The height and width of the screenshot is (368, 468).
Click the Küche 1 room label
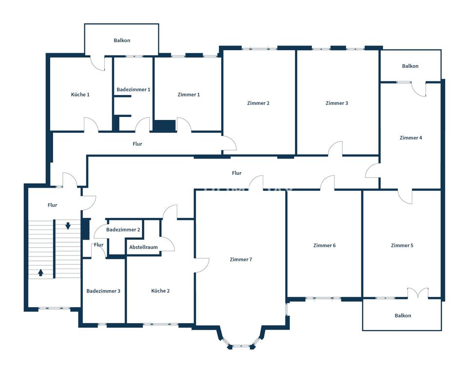80,95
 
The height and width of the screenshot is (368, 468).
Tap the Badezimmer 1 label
134,90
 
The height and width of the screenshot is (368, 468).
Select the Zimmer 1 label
189,95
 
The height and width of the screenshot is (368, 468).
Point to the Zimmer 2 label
258,103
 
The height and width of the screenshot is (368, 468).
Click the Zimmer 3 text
337,103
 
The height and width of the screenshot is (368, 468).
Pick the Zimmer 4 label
410,138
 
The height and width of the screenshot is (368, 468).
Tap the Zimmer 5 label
402,246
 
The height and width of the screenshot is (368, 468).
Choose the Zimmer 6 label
325,246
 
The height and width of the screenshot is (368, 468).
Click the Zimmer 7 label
241,260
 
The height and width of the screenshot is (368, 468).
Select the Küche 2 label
160,291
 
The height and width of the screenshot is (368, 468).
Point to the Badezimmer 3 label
103,291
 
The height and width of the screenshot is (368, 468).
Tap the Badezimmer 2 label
123,230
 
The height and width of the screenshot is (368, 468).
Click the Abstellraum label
143,247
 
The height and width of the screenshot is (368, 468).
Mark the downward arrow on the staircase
68,226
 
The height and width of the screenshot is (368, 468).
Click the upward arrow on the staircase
41,272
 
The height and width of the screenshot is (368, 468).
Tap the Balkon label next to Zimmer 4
410,66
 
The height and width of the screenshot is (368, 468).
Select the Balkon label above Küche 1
122,40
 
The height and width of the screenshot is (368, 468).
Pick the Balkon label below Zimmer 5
403,316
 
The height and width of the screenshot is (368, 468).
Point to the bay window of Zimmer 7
241,340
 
